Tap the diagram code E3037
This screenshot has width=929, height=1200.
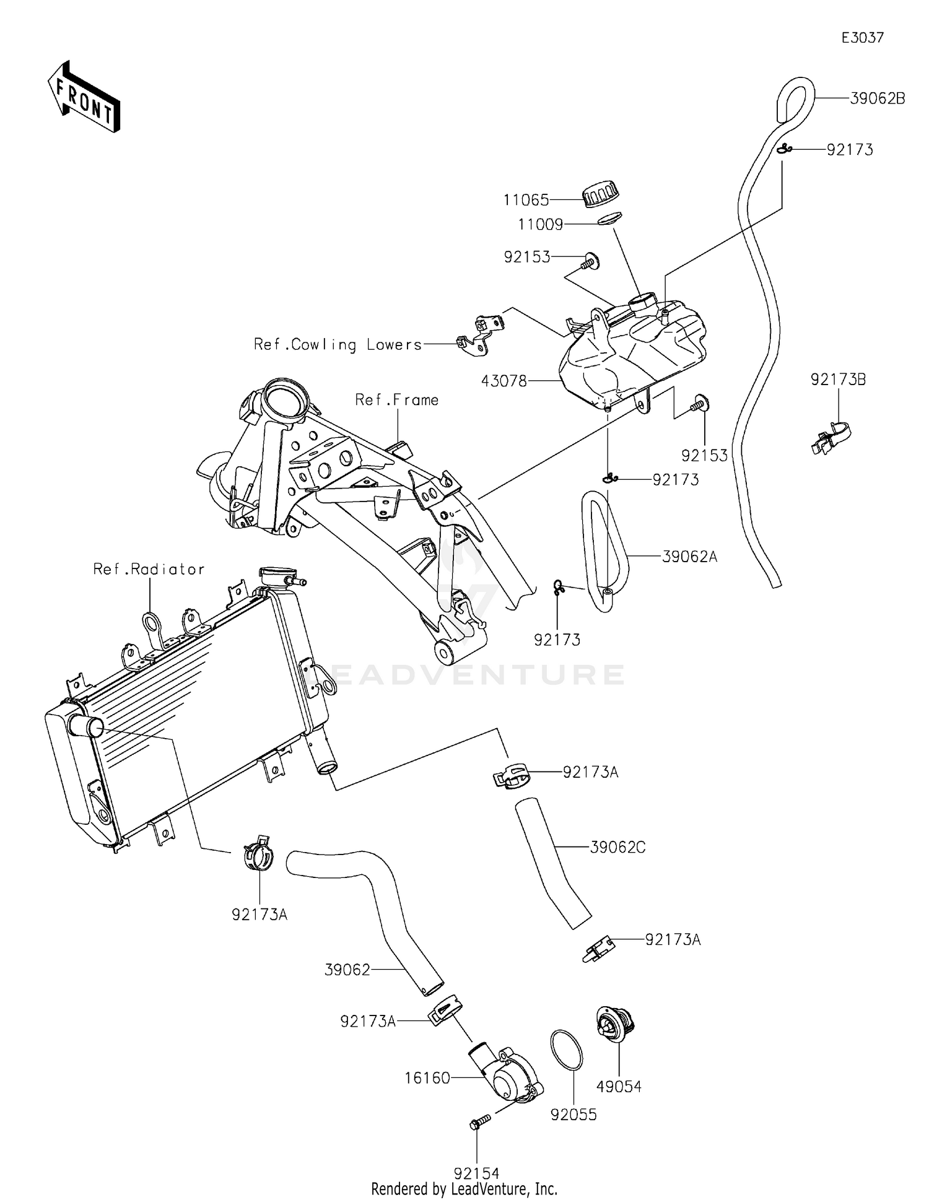862,38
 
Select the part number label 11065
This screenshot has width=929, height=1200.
526,200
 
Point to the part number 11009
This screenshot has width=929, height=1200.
540,224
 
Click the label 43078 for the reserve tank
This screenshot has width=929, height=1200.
504,381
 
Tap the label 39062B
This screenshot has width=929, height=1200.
877,98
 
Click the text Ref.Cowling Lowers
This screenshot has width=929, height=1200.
338,344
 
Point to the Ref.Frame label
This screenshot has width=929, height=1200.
396,400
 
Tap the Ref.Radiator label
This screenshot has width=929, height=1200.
149,569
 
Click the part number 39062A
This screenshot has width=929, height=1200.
689,557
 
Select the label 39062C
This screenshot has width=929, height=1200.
617,847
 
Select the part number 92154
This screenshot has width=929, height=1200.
476,1173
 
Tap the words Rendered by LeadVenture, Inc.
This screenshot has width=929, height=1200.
464,1189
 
